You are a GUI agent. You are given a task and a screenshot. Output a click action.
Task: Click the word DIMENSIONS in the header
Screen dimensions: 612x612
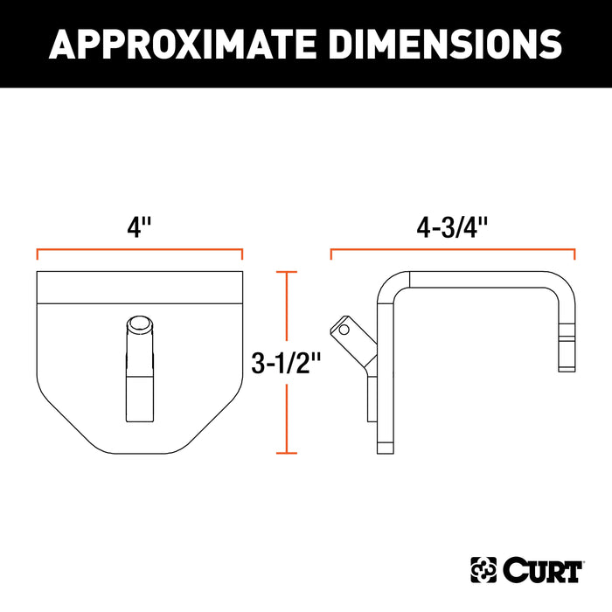[437, 44]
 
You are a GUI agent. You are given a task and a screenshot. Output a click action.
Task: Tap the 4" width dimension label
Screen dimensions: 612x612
[139, 228]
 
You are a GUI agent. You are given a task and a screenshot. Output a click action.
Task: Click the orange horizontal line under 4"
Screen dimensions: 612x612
[139, 250]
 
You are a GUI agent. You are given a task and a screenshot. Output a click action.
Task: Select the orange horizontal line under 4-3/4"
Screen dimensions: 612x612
[452, 250]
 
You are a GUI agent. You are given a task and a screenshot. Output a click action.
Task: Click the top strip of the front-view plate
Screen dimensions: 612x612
[139, 287]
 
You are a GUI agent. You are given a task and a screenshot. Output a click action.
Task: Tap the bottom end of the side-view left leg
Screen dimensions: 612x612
[383, 449]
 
